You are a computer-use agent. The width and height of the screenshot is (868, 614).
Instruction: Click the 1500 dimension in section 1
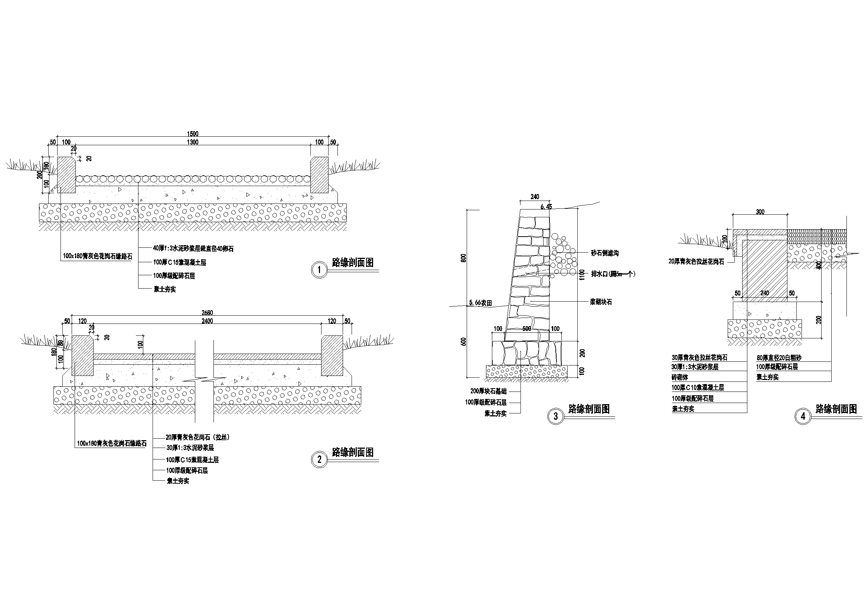(x=192, y=134)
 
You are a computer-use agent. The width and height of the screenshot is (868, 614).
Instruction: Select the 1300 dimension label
(x=192, y=142)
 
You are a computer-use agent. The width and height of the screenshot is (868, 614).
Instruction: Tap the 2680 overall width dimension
(x=207, y=312)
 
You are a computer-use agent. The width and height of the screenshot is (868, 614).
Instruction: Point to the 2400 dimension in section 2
(x=207, y=321)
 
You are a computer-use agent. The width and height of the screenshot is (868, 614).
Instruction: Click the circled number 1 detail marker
(x=319, y=270)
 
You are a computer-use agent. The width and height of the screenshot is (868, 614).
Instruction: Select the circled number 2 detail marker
(x=319, y=459)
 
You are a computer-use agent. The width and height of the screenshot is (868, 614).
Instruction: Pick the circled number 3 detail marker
(x=555, y=416)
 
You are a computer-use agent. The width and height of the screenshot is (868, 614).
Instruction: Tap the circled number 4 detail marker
(x=803, y=416)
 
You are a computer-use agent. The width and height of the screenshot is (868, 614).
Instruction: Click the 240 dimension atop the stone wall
(x=535, y=197)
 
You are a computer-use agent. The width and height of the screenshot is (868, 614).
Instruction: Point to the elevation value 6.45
(x=546, y=207)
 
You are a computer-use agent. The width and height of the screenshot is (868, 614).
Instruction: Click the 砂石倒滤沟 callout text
(x=605, y=253)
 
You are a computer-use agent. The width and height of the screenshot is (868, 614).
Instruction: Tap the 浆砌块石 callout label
(x=601, y=302)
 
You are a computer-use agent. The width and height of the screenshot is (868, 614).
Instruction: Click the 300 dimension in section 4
(x=760, y=212)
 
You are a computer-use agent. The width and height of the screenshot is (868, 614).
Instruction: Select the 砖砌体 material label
(x=680, y=377)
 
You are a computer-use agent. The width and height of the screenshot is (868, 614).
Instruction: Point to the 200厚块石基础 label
(x=488, y=392)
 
